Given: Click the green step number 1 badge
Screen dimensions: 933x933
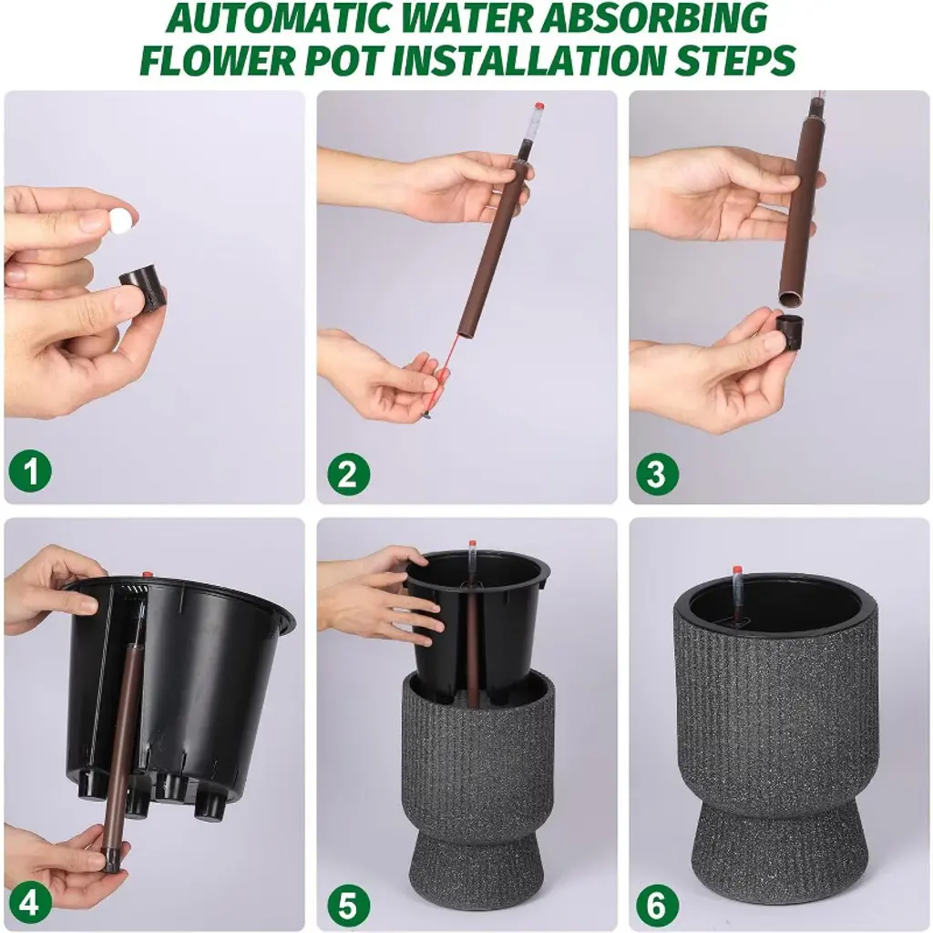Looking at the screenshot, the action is (30, 473).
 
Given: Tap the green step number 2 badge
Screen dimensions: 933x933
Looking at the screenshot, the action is (349, 474).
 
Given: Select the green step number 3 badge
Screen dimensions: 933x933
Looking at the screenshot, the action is (657, 474).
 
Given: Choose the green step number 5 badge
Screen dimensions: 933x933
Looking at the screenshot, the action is (348, 905).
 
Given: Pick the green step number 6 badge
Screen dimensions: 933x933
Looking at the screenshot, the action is (657, 905).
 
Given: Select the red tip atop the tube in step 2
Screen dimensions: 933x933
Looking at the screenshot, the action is (539, 107).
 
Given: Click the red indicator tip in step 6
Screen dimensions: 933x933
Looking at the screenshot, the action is (738, 570).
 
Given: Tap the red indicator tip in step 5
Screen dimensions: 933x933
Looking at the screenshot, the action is (472, 544).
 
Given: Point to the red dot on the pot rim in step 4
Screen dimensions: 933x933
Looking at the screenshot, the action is (147, 574).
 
